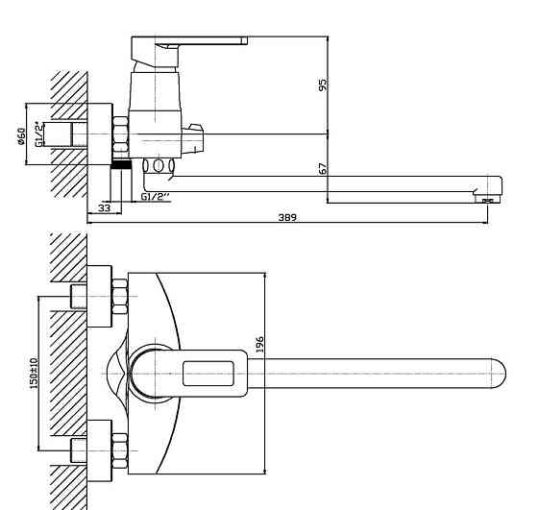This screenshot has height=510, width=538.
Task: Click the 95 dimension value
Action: tap(323, 85)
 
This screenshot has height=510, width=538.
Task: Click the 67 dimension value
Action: tap(323, 168)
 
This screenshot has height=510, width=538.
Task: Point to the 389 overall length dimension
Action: tap(287, 217)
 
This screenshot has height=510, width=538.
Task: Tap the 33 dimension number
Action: tap(105, 208)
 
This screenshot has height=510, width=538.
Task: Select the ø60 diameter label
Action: tap(21, 136)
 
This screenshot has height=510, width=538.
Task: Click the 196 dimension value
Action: tap(260, 345)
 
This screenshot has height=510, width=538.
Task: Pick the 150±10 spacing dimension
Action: tap(34, 374)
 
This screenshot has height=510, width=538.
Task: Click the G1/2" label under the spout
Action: tap(156, 197)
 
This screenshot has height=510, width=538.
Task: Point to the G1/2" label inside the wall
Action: tap(40, 134)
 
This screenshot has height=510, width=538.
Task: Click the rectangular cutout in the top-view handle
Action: tap(208, 374)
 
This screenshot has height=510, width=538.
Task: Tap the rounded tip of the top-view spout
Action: tap(500, 374)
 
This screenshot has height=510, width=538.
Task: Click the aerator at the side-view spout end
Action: tap(488, 200)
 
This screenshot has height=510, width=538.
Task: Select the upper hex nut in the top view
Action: tap(120, 297)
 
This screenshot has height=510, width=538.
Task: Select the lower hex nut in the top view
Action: tap(120, 450)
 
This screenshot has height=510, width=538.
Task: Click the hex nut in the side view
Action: tap(120, 134)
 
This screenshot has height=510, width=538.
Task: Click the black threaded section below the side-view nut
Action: tap(121, 164)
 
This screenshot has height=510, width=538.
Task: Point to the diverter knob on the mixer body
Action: tap(192, 139)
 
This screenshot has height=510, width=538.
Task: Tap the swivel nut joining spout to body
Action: tap(159, 165)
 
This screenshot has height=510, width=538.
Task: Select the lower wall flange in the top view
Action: tap(100, 450)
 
